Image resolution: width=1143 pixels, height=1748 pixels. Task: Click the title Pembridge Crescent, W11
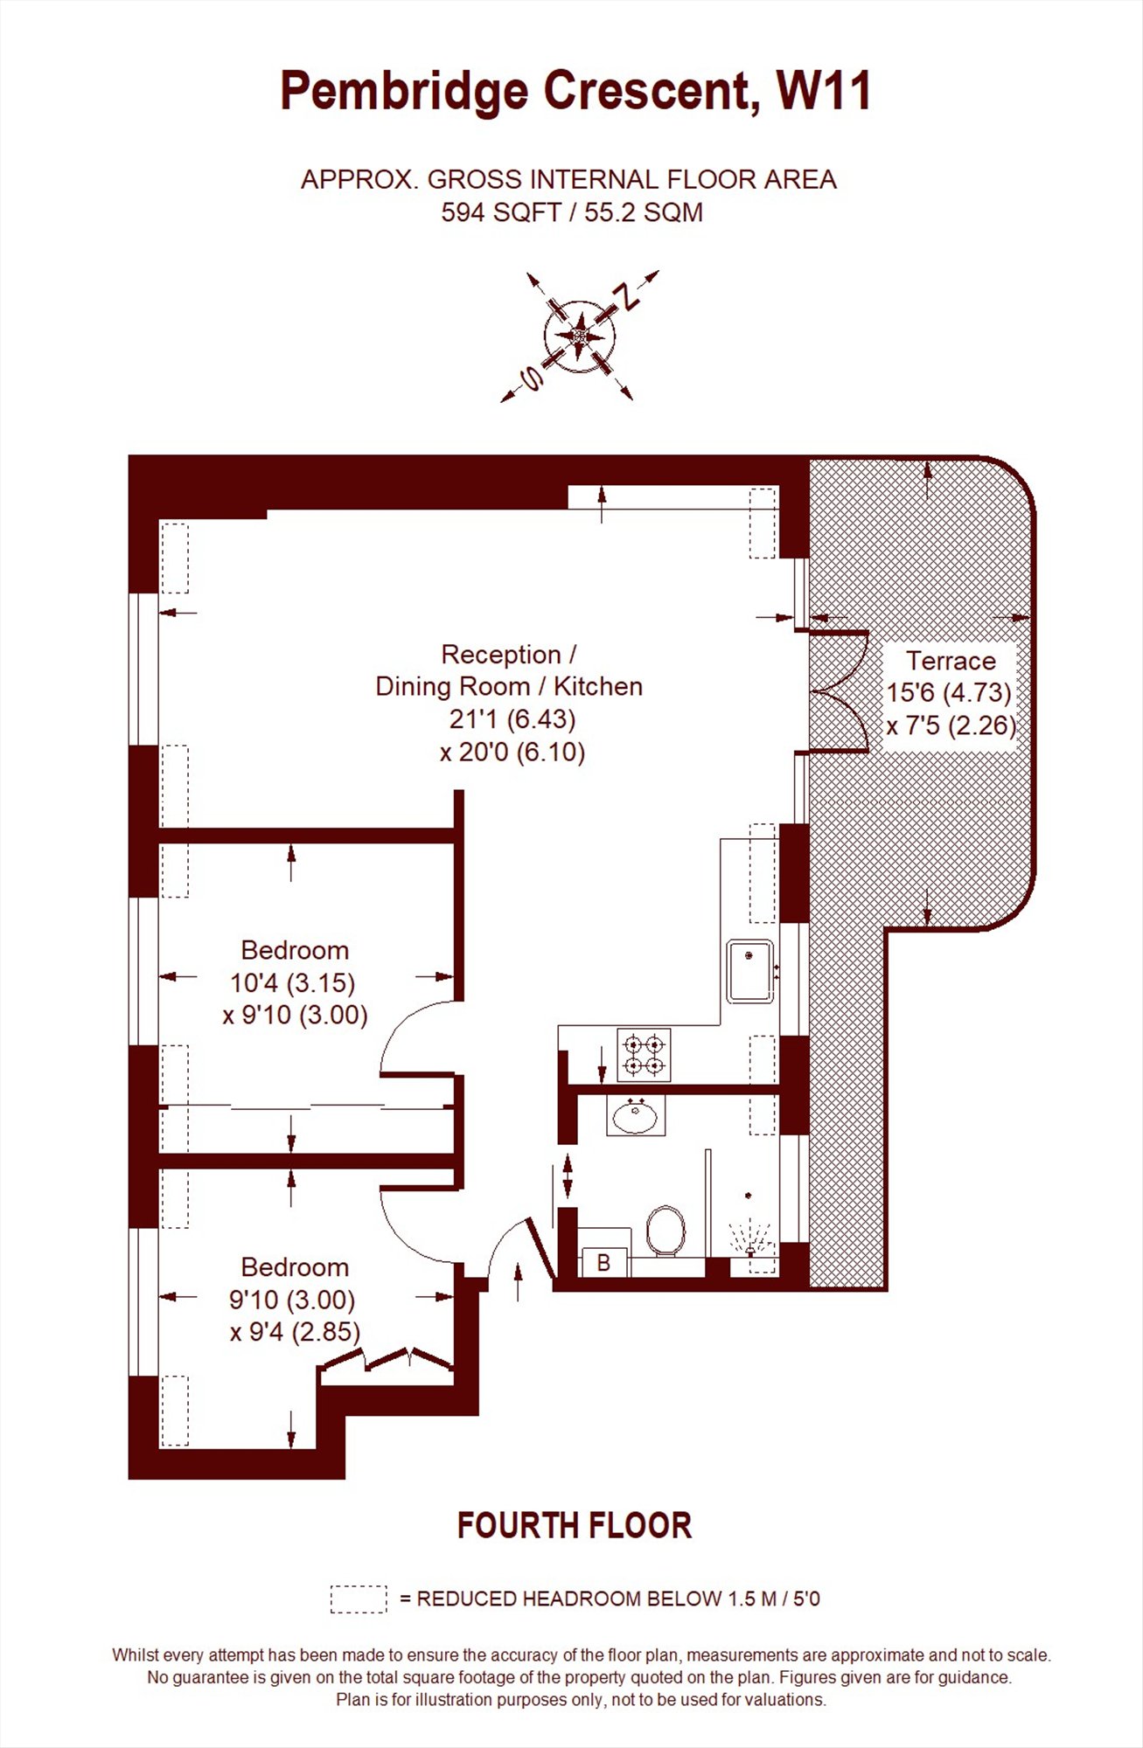pyautogui.click(x=575, y=93)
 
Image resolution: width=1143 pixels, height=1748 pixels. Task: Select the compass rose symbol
pyautogui.click(x=580, y=336)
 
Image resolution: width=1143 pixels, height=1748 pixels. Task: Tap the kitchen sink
pyautogui.click(x=751, y=971)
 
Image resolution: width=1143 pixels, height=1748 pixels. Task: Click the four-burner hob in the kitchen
pyautogui.click(x=644, y=1055)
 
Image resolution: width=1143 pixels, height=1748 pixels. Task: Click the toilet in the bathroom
pyautogui.click(x=666, y=1231)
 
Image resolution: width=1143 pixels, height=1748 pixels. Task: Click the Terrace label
pyautogui.click(x=951, y=661)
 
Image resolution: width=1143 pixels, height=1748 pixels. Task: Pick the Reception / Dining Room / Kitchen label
pyautogui.click(x=509, y=670)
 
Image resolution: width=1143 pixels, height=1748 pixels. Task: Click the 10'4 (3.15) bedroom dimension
pyautogui.click(x=292, y=983)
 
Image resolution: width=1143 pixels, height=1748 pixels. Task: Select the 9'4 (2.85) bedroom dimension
pyautogui.click(x=296, y=1332)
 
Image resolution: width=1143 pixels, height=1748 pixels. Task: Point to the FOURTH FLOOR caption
pyautogui.click(x=575, y=1526)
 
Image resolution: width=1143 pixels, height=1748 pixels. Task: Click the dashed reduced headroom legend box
pyautogui.click(x=359, y=1599)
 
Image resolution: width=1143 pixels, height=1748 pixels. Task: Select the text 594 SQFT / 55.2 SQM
pyautogui.click(x=572, y=212)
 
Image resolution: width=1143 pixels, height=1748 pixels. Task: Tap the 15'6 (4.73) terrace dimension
pyautogui.click(x=949, y=693)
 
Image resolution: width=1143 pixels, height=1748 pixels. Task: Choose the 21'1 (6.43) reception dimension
pyautogui.click(x=512, y=719)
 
